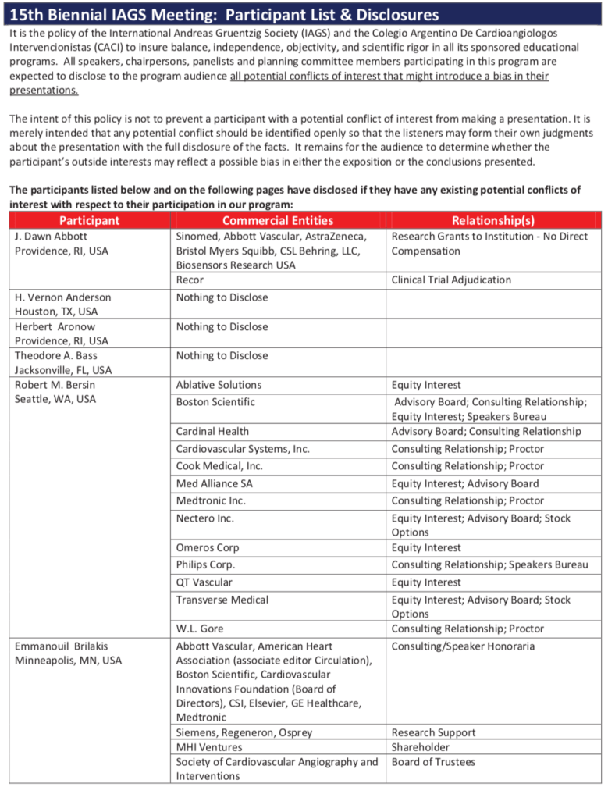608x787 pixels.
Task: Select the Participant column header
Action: [x=89, y=220]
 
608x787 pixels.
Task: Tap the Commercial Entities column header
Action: [x=277, y=220]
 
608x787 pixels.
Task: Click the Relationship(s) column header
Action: [x=493, y=220]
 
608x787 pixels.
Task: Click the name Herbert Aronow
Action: [x=52, y=326]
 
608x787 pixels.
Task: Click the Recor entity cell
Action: [x=190, y=280]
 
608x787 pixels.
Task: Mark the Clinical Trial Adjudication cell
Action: [x=451, y=280]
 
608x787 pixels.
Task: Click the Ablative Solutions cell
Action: [x=219, y=385]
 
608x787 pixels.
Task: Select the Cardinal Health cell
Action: [x=212, y=431]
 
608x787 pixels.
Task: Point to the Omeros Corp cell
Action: [x=208, y=547]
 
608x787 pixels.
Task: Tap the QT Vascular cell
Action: [x=204, y=582]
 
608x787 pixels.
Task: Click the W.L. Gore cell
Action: [x=200, y=629]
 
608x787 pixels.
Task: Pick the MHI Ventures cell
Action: [x=209, y=747]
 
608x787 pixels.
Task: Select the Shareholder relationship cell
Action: [x=421, y=747]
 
